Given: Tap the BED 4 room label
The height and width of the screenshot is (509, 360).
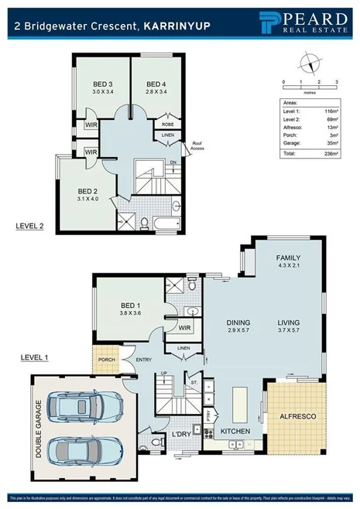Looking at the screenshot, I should pos(156,84).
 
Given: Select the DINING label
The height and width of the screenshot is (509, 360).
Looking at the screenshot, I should pos(239,323).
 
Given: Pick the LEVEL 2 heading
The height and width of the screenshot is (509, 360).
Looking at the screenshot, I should pos(32,226).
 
